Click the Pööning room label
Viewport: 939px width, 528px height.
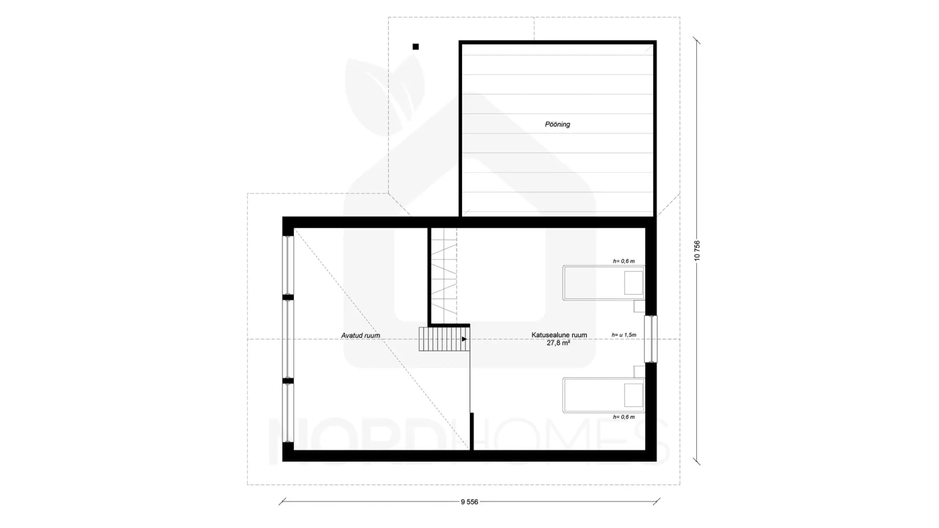point(558,124)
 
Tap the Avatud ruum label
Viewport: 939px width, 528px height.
point(360,335)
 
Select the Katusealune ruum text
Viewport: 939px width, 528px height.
point(559,335)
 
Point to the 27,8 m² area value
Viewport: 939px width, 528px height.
point(558,343)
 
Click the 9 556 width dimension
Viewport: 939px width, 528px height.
point(469,502)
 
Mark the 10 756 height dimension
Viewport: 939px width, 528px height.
point(697,250)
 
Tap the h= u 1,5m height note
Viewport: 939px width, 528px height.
point(624,335)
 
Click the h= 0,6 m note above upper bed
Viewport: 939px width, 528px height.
point(624,261)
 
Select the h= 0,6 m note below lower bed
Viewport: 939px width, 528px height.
point(624,417)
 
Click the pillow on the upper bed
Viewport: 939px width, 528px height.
point(633,283)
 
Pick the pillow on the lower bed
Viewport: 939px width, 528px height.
point(633,395)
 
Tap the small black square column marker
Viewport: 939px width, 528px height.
point(416,47)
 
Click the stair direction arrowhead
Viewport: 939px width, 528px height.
point(465,339)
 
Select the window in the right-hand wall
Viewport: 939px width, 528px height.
point(651,339)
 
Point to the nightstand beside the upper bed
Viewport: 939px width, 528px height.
point(639,307)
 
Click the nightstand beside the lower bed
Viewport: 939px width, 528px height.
point(639,372)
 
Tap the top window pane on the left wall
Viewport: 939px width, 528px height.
point(288,265)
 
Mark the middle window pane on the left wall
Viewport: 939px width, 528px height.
point(288,339)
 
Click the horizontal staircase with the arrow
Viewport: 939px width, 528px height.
point(444,339)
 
